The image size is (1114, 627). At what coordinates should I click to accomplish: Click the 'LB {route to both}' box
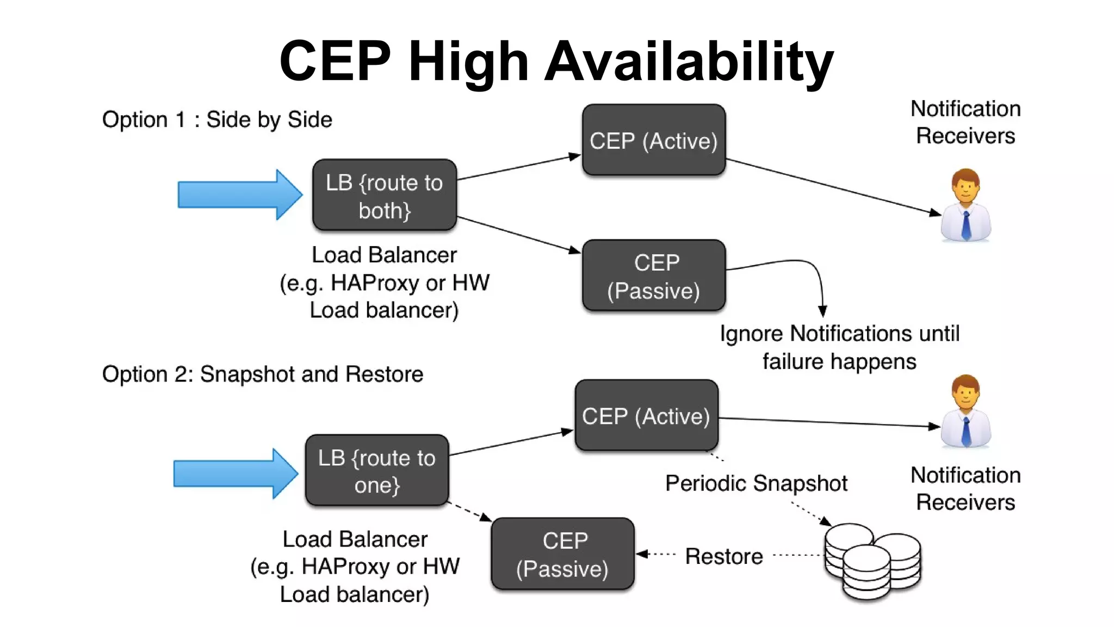coord(384,195)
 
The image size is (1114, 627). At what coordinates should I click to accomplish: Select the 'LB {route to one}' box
coord(377,470)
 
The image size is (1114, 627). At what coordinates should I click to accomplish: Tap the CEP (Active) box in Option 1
coord(653,140)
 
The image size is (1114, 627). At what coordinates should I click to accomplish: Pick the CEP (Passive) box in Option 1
coord(653,276)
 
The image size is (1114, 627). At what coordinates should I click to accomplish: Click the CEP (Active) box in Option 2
coord(646,416)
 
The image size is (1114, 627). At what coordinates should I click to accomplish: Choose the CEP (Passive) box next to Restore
coord(562,554)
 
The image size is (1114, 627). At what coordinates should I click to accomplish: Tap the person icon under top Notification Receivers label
coord(966,205)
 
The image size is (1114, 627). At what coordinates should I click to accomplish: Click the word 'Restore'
coord(723,556)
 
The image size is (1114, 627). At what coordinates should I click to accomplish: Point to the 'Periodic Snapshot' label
coord(756,483)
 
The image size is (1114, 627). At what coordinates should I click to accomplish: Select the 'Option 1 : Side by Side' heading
coord(217,120)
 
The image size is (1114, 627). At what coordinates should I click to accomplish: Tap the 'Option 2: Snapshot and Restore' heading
coord(262,374)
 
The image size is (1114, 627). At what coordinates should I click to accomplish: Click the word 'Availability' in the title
coord(689,61)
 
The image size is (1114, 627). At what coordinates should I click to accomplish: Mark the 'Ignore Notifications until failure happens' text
coord(839,347)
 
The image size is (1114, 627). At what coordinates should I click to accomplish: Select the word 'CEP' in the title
coord(335,61)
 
